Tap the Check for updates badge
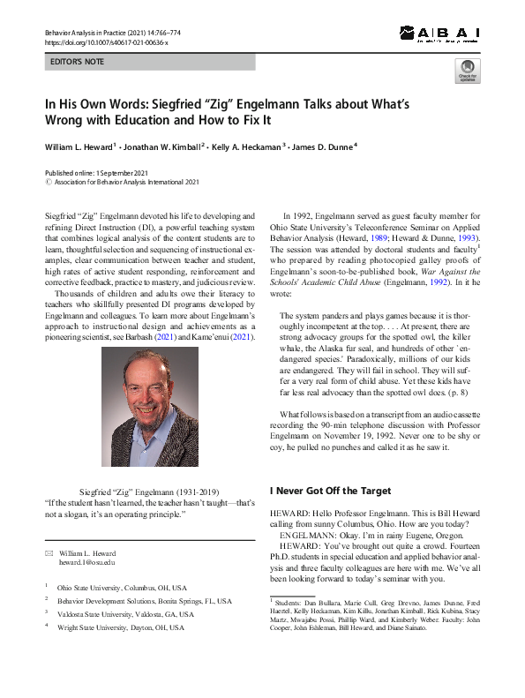click(468, 71)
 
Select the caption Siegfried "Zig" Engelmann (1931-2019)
click(149, 491)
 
